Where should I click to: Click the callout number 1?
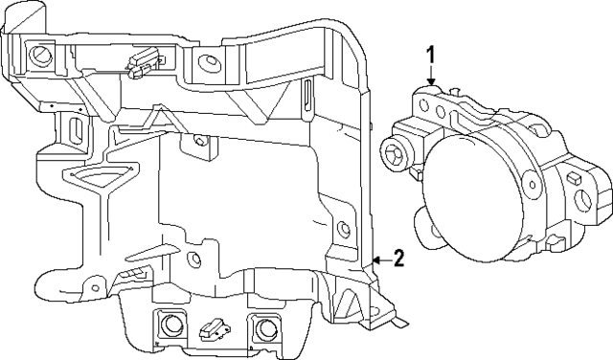coord(431,54)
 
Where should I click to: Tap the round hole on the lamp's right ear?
coord(584,200)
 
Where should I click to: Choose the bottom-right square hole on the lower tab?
coord(260,327)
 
